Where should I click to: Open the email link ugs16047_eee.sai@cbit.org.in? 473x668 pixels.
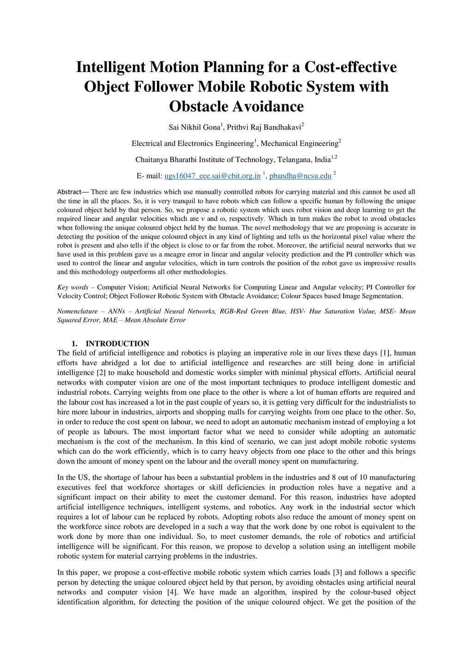click(212, 176)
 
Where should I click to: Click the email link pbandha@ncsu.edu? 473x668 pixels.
click(300, 176)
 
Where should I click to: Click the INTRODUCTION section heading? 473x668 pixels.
click(117, 344)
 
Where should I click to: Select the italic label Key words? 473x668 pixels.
click(73, 287)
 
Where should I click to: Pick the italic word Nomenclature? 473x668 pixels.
click(77, 311)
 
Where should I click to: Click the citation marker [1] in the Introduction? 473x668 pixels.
click(385, 353)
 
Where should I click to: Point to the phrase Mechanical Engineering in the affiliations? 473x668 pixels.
click(299, 143)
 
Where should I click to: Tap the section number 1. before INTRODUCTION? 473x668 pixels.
click(74, 344)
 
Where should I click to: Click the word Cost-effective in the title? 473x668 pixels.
click(350, 67)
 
